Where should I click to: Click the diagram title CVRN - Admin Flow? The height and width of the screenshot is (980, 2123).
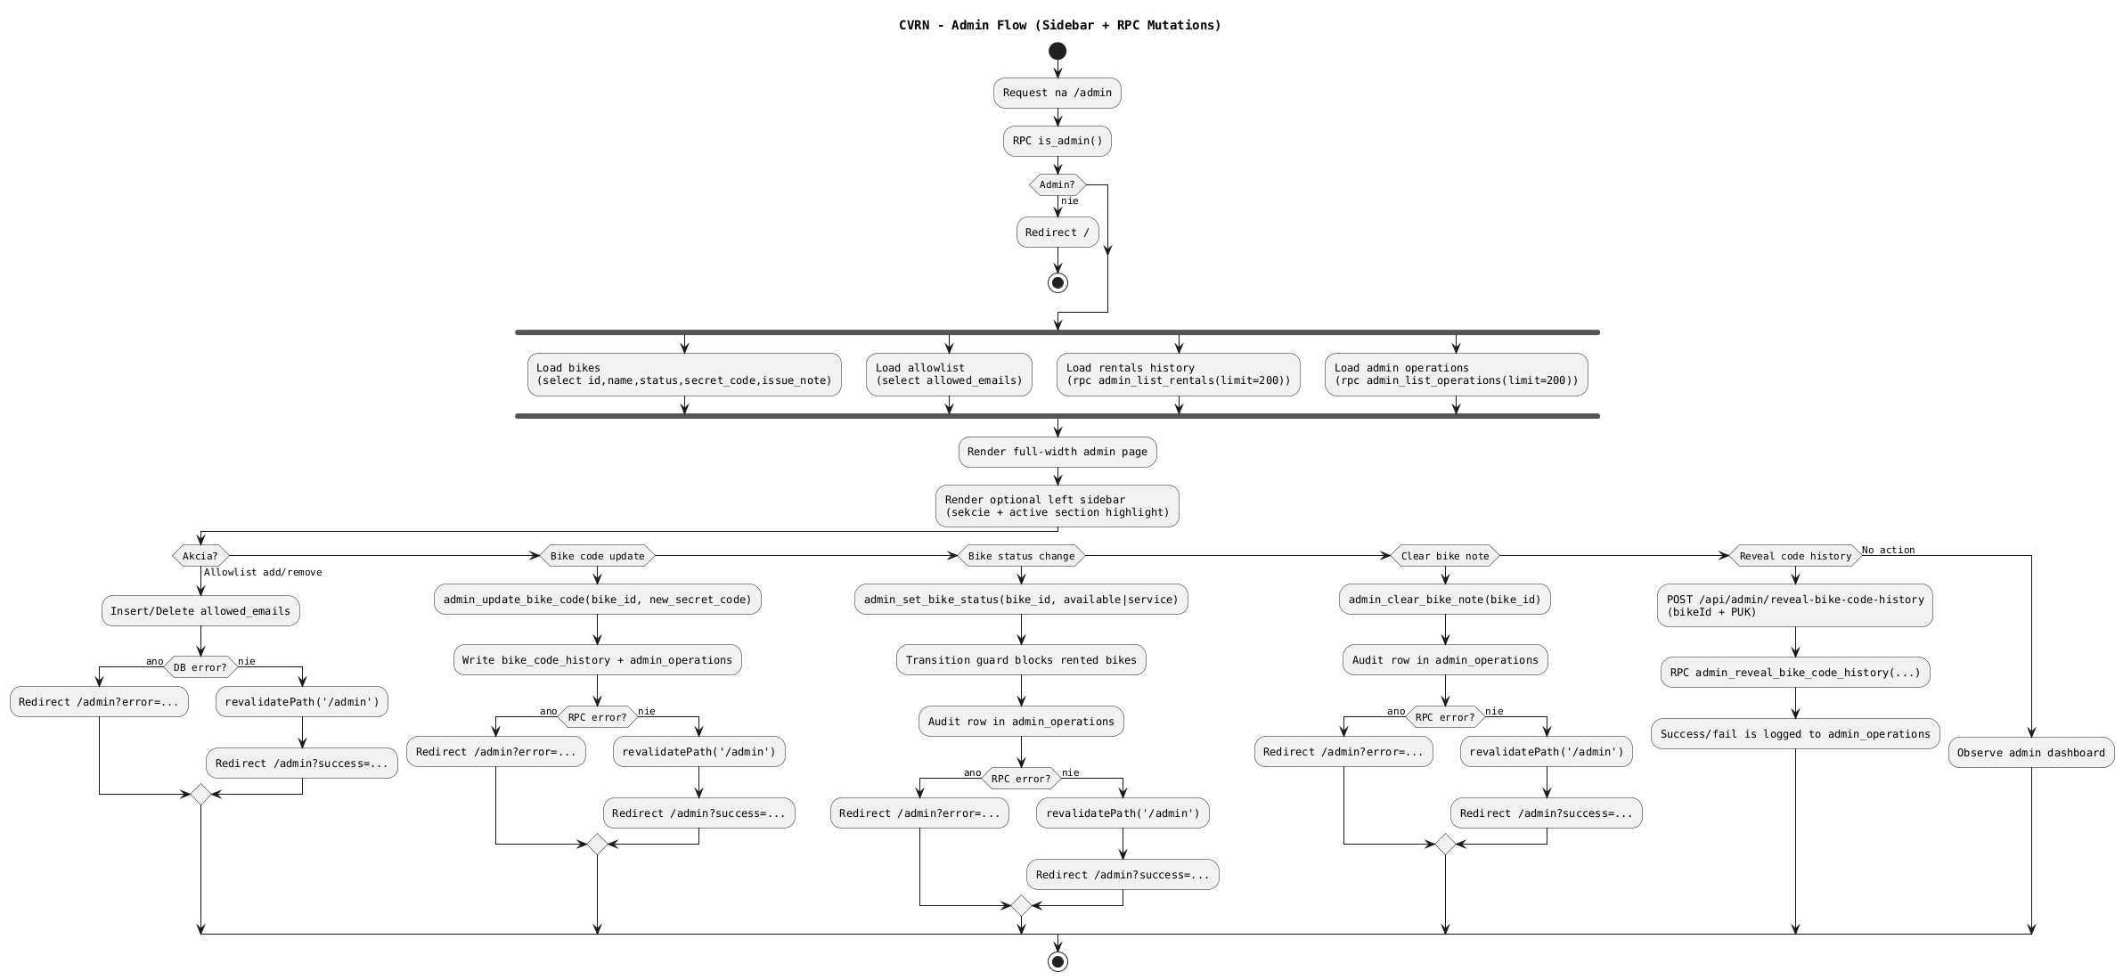click(1059, 25)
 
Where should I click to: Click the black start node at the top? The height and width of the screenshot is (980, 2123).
click(1057, 51)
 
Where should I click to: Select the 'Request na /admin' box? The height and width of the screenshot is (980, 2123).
click(1057, 93)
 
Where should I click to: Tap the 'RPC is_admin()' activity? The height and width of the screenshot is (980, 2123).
click(1057, 141)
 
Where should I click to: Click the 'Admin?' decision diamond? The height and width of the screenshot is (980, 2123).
click(1057, 185)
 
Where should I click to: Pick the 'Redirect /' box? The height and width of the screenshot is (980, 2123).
click(1057, 233)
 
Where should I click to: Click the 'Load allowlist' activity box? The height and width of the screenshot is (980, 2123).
click(949, 374)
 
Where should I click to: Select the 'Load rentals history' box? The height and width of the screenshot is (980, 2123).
click(1178, 374)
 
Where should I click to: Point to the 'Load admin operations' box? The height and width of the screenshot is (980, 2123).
click(1456, 374)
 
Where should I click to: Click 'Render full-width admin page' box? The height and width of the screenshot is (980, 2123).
click(1057, 452)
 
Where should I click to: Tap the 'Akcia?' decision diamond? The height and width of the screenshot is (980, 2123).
click(200, 556)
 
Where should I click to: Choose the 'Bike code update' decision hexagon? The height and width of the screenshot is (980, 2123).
click(597, 556)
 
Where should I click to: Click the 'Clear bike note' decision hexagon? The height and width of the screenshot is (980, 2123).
click(1445, 556)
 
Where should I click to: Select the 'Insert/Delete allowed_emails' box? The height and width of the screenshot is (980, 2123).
click(200, 611)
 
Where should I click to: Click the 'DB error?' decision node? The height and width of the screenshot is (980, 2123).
click(200, 667)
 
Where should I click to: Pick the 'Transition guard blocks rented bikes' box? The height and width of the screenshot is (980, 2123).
click(1021, 660)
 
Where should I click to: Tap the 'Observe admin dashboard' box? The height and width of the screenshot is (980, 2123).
click(2030, 753)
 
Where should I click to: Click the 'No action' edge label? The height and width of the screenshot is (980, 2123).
click(1888, 550)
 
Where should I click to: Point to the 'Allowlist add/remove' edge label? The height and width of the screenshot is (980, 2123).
click(263, 572)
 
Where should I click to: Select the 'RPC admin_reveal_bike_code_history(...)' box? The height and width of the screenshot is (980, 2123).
click(1794, 673)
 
